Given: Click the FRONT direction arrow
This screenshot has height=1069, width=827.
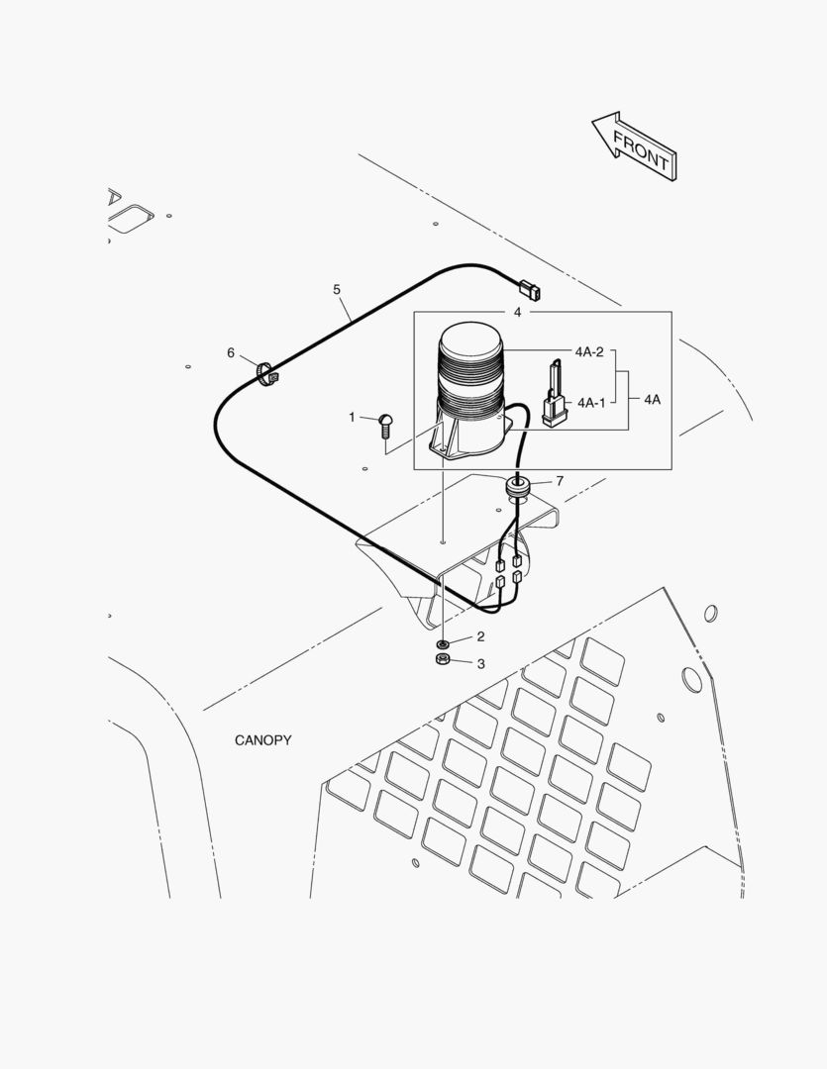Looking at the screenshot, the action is point(634,146).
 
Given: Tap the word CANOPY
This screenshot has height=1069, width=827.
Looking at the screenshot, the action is point(262,740).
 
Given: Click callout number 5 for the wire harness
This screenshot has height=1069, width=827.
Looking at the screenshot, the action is point(337,290).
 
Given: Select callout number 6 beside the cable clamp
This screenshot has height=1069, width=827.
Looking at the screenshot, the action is point(231,352).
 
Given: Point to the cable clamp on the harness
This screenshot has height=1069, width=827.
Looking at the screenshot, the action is point(267,374).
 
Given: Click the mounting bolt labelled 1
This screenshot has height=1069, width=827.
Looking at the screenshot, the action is point(386,426).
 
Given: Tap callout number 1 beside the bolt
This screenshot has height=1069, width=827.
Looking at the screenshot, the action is point(352,418).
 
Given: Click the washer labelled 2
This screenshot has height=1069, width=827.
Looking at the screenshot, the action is point(442,644).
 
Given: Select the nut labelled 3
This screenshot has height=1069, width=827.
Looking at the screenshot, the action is point(442,658).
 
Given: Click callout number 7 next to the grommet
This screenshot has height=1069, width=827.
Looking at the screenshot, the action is point(560,481).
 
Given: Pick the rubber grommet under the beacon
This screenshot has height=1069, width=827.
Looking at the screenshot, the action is point(518,487).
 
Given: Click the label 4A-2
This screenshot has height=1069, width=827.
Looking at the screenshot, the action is point(589,352).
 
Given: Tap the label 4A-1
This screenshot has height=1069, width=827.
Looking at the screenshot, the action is point(591,403).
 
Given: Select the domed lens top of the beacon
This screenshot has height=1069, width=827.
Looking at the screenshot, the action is point(470,346).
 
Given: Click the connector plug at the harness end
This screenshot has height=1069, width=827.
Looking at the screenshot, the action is point(530,291).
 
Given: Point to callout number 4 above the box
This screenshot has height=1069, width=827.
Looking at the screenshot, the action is point(517,312).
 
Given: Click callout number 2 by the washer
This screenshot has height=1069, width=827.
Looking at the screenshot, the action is point(481,636).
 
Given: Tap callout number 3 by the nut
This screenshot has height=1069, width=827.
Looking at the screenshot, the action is point(481,664).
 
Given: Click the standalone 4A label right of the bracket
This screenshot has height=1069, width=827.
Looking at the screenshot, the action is point(653,400).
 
